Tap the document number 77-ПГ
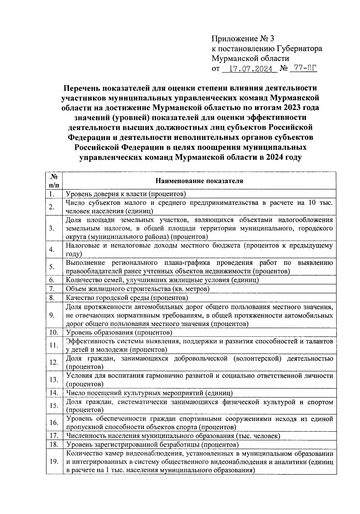click(303, 68)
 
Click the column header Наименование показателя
click(199, 181)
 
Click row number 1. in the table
click(52, 194)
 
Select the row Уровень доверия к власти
click(126, 194)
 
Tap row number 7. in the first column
click(52, 289)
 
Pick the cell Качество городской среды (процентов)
click(127, 298)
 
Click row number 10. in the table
click(53, 332)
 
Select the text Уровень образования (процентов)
click(119, 332)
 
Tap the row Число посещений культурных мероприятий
click(149, 393)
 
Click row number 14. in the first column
click(53, 393)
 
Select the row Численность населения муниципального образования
click(173, 436)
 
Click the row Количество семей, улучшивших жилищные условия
click(162, 280)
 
